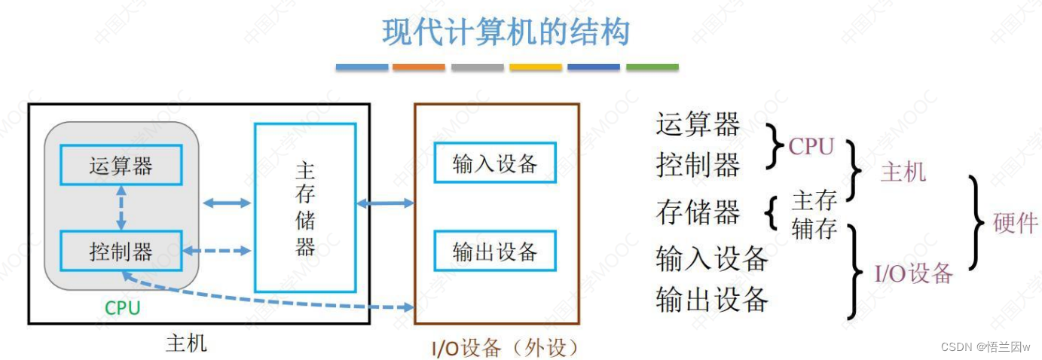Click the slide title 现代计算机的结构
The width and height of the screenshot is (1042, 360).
[x=506, y=32]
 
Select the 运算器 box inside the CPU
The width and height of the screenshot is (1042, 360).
[x=121, y=166]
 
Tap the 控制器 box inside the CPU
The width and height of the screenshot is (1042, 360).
[x=121, y=251]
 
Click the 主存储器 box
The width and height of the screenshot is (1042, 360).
[x=305, y=207]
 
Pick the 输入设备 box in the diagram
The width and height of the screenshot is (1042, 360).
[x=495, y=163]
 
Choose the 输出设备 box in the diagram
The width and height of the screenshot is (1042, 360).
[x=495, y=252]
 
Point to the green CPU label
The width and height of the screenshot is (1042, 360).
[x=122, y=307]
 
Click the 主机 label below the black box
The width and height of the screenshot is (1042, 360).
[x=185, y=344]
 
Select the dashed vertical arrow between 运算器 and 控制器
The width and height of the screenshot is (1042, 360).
[x=121, y=208]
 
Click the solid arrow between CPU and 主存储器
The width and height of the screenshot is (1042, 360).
[x=227, y=203]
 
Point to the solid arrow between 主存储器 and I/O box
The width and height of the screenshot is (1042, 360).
[x=385, y=203]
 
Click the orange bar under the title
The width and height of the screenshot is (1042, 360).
[x=419, y=68]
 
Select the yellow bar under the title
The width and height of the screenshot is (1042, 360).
[x=535, y=68]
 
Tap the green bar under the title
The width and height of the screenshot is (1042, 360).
[x=652, y=68]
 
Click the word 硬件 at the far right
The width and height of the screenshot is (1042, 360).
[x=1015, y=224]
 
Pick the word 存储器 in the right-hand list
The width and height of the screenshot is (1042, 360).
[x=698, y=212]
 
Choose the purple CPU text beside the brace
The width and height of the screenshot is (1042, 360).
[x=811, y=147]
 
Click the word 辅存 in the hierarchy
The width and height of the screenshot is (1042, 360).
[x=814, y=228]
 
